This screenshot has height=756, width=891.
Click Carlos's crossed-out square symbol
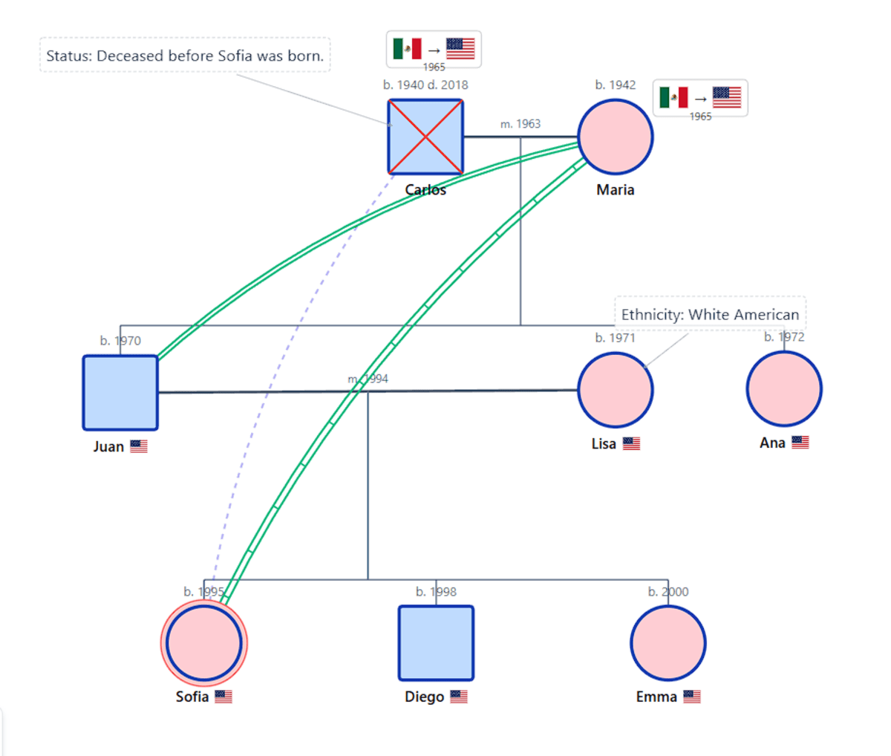click(x=425, y=137)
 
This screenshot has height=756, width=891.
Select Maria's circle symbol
click(x=615, y=137)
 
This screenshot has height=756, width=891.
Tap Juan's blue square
click(x=120, y=393)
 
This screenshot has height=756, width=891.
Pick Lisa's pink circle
click(x=615, y=390)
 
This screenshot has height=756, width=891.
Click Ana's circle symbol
click(x=784, y=389)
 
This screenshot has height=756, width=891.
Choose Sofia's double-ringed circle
click(x=204, y=643)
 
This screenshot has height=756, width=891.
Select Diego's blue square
click(x=436, y=643)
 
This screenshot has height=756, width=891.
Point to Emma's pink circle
click(x=668, y=643)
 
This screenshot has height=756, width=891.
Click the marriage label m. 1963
click(x=520, y=124)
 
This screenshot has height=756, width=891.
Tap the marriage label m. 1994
click(x=368, y=379)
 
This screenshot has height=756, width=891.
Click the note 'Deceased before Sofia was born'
click(x=185, y=56)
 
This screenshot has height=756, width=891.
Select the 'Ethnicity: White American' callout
click(x=710, y=314)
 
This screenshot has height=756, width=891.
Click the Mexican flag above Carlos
click(x=407, y=49)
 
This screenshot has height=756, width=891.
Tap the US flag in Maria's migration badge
click(x=726, y=97)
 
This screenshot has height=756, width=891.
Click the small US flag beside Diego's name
click(x=459, y=697)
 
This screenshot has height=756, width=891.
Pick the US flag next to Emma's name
click(x=692, y=697)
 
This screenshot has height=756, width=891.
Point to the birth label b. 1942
click(x=615, y=85)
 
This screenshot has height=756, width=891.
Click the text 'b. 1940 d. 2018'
click(x=425, y=85)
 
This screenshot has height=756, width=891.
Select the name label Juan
click(x=108, y=446)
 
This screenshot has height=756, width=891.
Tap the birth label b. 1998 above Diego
click(x=436, y=592)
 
